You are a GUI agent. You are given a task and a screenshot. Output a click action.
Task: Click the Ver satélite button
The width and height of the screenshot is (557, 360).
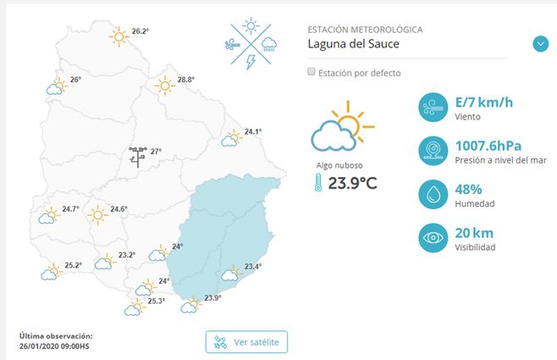click(246, 342)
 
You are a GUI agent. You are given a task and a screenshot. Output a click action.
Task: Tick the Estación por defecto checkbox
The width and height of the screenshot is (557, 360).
click(312, 73)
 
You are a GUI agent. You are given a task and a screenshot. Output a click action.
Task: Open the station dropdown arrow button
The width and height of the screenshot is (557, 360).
click(541, 44)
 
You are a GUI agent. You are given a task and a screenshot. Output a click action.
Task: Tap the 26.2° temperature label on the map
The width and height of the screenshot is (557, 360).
click(140, 31)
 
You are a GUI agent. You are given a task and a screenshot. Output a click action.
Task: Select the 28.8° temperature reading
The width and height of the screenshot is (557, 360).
click(185, 80)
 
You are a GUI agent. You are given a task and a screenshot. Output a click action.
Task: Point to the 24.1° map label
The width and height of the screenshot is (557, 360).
click(252, 131)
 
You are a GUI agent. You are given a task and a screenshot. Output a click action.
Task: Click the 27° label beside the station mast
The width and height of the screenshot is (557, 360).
click(156, 152)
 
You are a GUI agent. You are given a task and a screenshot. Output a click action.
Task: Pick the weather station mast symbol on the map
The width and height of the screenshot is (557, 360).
click(137, 155)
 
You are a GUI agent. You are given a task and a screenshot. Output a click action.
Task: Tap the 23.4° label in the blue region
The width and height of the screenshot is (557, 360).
click(252, 267)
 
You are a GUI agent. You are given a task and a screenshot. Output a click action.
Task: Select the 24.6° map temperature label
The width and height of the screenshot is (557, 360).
click(118, 209)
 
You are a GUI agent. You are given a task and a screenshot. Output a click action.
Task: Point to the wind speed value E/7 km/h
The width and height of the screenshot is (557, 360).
click(483, 103)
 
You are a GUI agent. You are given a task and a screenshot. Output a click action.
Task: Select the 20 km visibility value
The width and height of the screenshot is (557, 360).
click(473, 234)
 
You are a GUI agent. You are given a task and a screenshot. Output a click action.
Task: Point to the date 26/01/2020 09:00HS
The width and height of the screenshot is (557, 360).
click(54, 346)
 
